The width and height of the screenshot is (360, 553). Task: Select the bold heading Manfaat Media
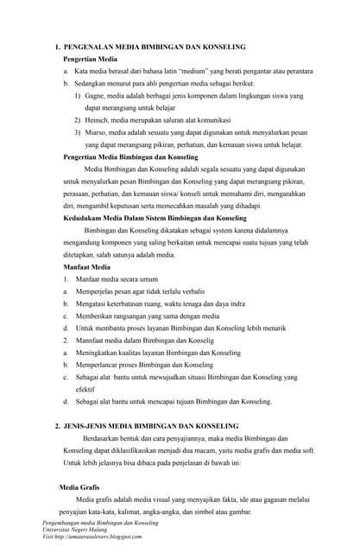[x=87, y=268]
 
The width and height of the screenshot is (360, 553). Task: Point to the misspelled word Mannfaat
[x=93, y=340]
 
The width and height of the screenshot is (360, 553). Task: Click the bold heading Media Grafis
[x=79, y=487]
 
